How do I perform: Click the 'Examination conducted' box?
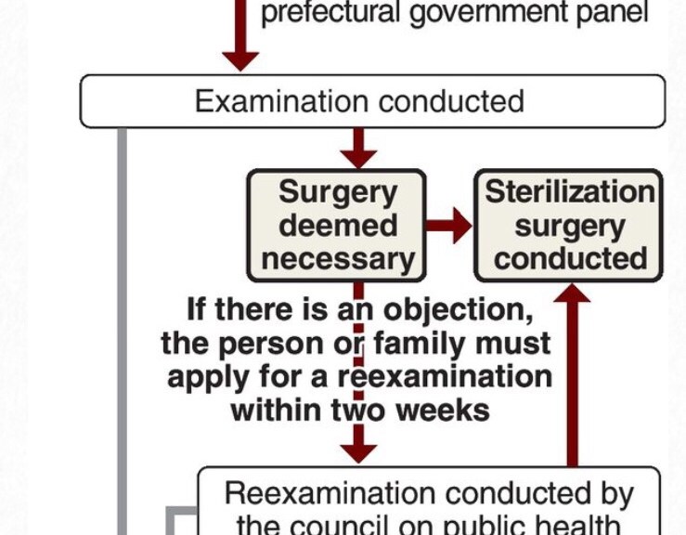(371, 101)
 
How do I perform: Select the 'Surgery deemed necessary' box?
(336, 225)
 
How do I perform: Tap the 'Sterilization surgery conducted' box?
(569, 225)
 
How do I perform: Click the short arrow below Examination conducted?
(358, 148)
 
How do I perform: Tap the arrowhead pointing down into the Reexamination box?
(358, 451)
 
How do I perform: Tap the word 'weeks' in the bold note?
(443, 410)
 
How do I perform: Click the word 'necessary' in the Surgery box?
(336, 258)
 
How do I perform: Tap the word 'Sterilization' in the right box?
(569, 192)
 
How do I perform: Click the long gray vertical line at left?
(121, 334)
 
